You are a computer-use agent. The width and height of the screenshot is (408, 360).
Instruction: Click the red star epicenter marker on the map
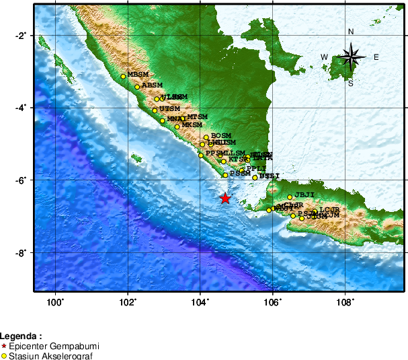(225, 199)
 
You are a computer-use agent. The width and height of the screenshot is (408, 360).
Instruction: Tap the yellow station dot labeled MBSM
(123, 77)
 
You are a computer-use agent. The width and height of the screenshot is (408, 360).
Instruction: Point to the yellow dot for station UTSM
(155, 110)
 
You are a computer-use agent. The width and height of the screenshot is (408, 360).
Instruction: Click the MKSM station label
(192, 124)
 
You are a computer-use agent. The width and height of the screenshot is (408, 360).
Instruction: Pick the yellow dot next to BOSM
(206, 137)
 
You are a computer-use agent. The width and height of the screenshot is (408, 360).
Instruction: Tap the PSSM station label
(240, 173)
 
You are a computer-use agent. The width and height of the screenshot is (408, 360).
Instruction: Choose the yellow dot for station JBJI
(290, 178)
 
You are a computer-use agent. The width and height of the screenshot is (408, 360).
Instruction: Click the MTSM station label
(198, 116)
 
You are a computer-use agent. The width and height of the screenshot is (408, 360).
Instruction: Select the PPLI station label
(257, 168)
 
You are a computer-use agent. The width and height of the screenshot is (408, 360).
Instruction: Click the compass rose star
(351, 57)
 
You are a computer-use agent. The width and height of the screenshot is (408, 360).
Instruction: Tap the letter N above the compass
(351, 32)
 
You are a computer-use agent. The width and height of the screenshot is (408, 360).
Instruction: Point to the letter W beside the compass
(325, 57)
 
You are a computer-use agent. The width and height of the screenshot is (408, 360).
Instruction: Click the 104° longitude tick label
(200, 301)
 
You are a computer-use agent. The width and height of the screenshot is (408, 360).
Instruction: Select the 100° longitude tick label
(55, 301)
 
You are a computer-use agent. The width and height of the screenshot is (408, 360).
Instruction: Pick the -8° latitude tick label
(22, 252)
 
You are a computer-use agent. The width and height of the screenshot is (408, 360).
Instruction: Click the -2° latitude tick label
(22, 35)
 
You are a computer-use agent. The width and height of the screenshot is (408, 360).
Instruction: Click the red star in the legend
(4, 346)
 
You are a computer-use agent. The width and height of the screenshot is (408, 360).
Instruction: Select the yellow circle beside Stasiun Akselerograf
(4, 355)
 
